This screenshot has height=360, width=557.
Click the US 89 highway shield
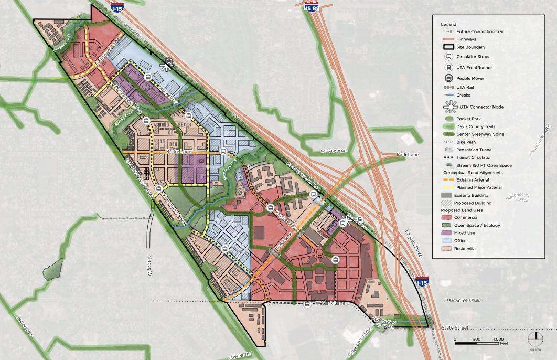(310, 7)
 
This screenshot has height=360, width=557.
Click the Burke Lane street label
(177, 151)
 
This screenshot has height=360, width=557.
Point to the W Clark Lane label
(330, 303)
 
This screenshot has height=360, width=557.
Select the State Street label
(455, 328)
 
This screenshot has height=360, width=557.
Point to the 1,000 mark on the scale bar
(498, 339)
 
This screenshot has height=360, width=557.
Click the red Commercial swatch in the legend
(447, 217)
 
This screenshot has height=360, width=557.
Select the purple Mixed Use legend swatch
(447, 233)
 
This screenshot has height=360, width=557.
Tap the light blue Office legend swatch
(447, 241)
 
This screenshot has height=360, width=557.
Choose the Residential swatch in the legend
(447, 249)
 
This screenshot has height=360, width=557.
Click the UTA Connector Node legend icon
(448, 107)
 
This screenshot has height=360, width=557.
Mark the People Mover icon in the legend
(448, 78)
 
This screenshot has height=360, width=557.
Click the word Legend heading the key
(448, 25)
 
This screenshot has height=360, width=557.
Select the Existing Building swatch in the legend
(447, 195)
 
